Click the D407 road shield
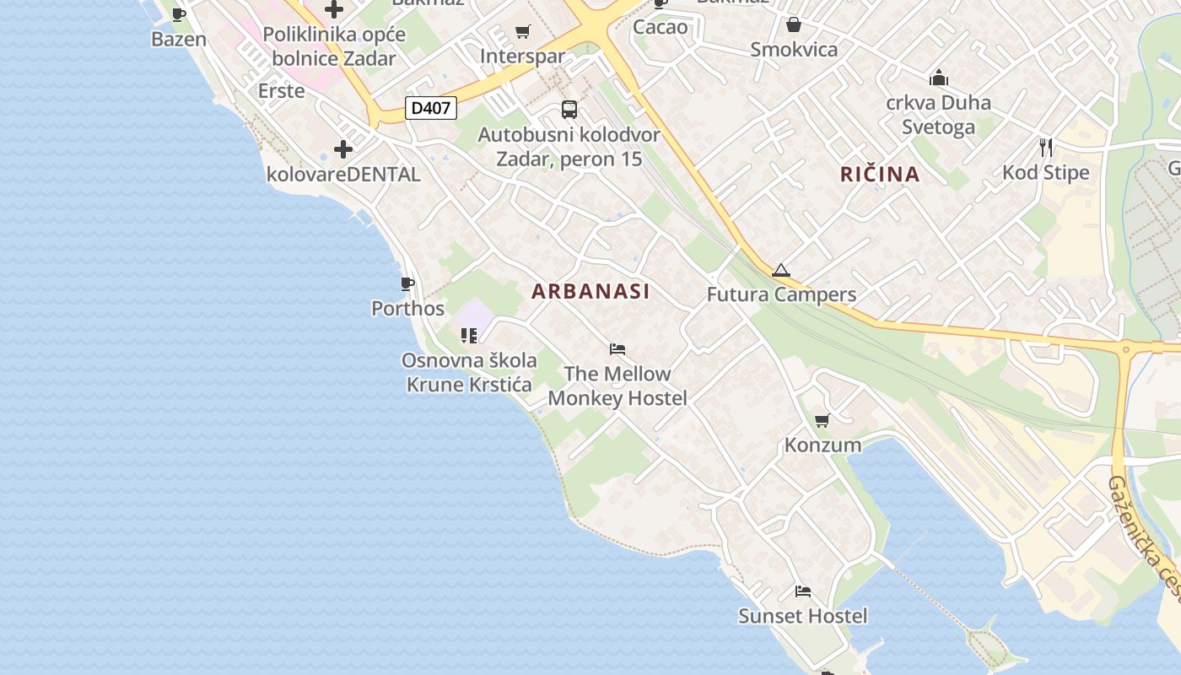click(431, 108)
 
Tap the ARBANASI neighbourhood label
click(590, 291)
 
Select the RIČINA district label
click(880, 175)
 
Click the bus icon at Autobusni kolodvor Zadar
click(569, 109)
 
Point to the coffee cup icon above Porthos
click(407, 283)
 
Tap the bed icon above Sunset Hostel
click(802, 591)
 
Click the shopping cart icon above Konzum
click(822, 420)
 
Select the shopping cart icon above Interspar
click(522, 32)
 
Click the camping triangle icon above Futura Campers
click(780, 271)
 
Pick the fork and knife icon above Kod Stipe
click(1046, 148)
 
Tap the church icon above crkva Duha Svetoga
click(938, 78)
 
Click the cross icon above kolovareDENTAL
click(342, 150)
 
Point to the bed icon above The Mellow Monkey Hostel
click(617, 349)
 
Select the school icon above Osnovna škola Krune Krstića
click(469, 336)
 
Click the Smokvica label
click(794, 49)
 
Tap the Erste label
click(281, 90)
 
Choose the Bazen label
click(179, 39)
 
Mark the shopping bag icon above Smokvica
click(793, 24)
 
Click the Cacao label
click(660, 27)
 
